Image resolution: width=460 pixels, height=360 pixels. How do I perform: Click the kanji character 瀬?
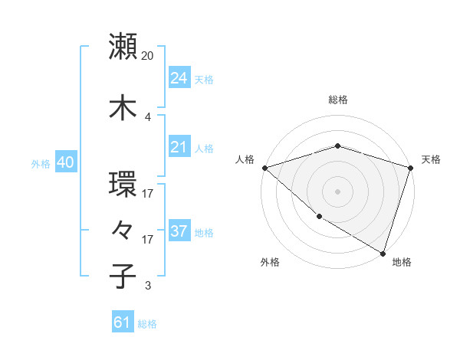pos(123,47)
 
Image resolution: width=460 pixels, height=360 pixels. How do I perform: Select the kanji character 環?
pos(123,185)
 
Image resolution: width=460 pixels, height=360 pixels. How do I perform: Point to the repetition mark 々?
pos(123,230)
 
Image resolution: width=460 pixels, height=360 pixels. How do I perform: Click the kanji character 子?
pos(123,276)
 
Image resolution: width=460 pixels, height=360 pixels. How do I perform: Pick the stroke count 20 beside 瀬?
pos(148,55)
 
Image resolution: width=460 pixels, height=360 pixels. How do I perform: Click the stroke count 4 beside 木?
pos(147,116)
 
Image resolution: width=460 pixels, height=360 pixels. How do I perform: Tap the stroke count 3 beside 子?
pos(147,286)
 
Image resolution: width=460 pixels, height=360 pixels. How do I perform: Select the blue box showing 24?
pos(179,77)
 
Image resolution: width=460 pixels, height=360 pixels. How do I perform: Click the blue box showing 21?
pos(179,146)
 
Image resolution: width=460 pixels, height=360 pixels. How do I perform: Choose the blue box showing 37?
pos(179,231)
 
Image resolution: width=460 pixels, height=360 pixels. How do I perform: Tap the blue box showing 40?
pos(65,162)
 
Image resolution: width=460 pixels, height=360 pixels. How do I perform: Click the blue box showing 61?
pos(123,322)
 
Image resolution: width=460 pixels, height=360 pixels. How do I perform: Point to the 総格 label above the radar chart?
pos(337,100)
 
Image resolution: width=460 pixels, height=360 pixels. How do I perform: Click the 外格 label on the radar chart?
pos(270,262)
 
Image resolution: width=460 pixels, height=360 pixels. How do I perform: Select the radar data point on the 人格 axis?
pos(264,168)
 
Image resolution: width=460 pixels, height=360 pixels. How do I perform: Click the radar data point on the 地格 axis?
pos(383,253)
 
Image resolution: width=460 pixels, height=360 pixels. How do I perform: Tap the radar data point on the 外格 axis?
pos(319,217)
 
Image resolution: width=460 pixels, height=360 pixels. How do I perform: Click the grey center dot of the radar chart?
pos(337,191)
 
